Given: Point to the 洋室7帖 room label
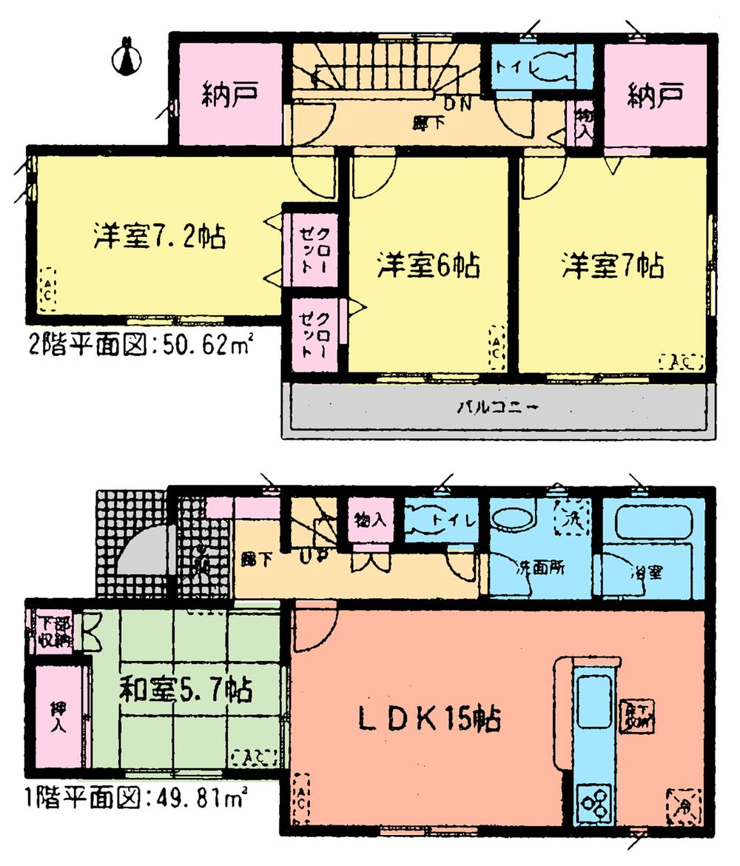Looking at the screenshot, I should click(611, 264).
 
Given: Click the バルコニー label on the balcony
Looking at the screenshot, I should click(497, 408).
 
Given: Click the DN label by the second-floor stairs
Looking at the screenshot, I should click(458, 104).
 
